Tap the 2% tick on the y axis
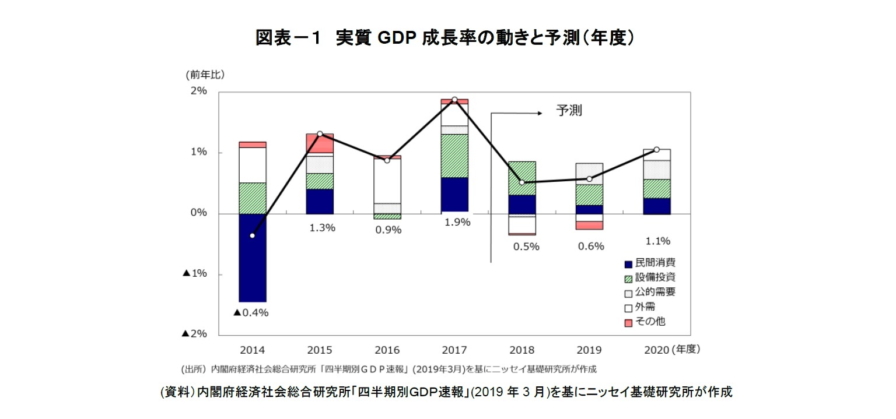tap(198, 91)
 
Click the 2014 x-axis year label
tap(252, 350)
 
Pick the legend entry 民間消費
tap(655, 263)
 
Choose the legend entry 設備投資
tap(655, 277)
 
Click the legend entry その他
tap(650, 321)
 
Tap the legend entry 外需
tap(645, 307)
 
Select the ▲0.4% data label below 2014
tap(251, 312)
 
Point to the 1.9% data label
tap(456, 222)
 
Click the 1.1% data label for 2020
tap(657, 240)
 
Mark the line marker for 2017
tap(454, 100)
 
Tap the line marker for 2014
tap(252, 235)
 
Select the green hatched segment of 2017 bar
tap(454, 156)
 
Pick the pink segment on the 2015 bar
tap(320, 143)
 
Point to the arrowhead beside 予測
tap(540, 114)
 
